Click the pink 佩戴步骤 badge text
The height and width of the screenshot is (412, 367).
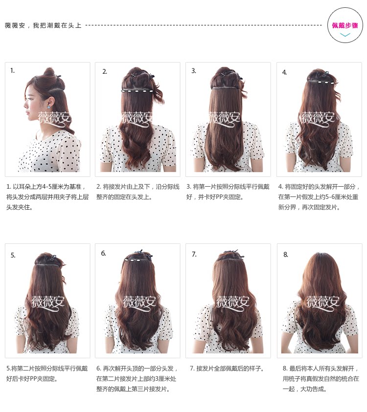(344, 25)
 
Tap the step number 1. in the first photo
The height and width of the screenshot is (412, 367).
(13, 70)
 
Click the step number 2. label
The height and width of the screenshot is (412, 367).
(105, 71)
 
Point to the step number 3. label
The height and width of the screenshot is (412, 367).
(194, 71)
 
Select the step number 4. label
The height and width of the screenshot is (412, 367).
(284, 72)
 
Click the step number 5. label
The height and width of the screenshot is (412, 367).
(13, 255)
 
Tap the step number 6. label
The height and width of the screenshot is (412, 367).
(104, 253)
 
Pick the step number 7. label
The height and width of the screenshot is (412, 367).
(194, 254)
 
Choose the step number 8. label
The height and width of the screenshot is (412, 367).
(285, 255)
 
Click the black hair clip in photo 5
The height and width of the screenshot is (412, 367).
(50, 258)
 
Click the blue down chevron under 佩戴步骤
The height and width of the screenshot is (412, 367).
(345, 35)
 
